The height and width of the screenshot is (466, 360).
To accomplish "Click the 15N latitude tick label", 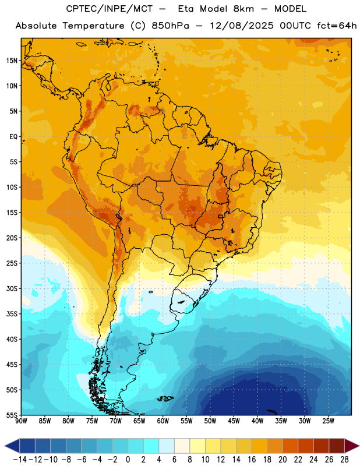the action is pyautogui.click(x=12, y=61).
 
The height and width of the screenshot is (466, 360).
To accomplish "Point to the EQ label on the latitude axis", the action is pyautogui.click(x=13, y=137).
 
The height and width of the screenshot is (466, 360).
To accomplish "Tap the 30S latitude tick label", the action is pyautogui.click(x=12, y=288).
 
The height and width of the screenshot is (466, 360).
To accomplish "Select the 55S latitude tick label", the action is pyautogui.click(x=12, y=415).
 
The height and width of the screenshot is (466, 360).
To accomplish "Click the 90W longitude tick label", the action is pyautogui.click(x=21, y=421).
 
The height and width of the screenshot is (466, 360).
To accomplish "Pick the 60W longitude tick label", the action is pyautogui.click(x=163, y=421).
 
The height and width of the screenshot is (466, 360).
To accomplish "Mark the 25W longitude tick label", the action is pyautogui.click(x=328, y=421).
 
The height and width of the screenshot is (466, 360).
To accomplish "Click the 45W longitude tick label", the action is pyautogui.click(x=234, y=421).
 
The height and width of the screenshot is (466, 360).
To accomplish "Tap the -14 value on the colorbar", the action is pyautogui.click(x=20, y=460).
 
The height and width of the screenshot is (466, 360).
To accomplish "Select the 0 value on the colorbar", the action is pyautogui.click(x=128, y=460).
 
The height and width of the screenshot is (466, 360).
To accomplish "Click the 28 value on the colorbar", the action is pyautogui.click(x=344, y=460).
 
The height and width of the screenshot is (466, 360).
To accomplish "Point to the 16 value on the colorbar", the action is pyautogui.click(x=252, y=460).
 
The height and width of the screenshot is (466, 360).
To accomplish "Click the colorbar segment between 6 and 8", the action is pyautogui.click(x=182, y=446).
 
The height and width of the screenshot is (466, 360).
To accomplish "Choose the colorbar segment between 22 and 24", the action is pyautogui.click(x=306, y=446).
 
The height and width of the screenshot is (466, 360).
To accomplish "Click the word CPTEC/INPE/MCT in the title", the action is pyautogui.click(x=110, y=9).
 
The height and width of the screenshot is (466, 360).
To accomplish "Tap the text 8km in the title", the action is pyautogui.click(x=243, y=9).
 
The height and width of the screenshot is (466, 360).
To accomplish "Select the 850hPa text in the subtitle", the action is pyautogui.click(x=170, y=26).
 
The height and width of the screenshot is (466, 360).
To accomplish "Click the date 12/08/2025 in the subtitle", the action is pyautogui.click(x=242, y=26).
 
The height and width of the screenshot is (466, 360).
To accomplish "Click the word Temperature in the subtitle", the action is pyautogui.click(x=93, y=26).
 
